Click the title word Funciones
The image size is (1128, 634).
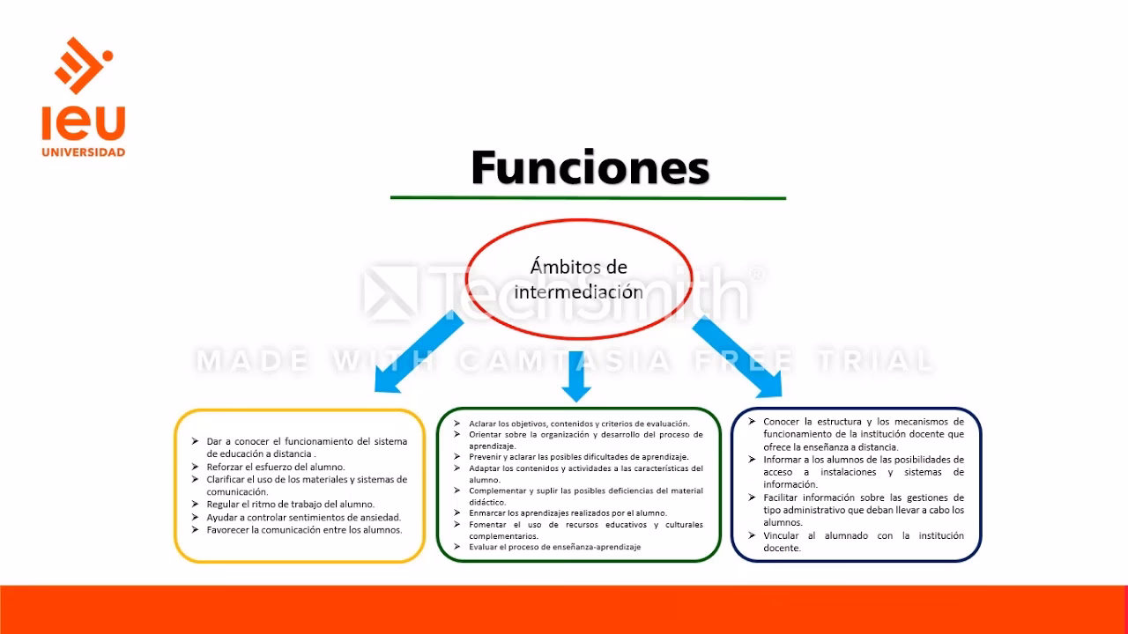pyautogui.click(x=590, y=167)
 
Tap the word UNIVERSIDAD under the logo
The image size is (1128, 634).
pyautogui.click(x=84, y=152)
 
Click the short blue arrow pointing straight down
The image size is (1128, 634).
pyautogui.click(x=576, y=375)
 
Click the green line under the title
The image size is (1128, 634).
pyautogui.click(x=588, y=198)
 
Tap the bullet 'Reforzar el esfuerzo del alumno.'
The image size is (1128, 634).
pyautogui.click(x=275, y=467)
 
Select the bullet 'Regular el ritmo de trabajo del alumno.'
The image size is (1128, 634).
pyautogui.click(x=290, y=505)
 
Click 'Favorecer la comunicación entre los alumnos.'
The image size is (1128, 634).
pyautogui.click(x=304, y=530)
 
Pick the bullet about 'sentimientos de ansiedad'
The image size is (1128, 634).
pyautogui.click(x=303, y=518)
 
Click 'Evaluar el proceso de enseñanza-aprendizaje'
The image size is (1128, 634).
pyautogui.click(x=554, y=547)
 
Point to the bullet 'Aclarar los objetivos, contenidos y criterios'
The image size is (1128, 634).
pyautogui.click(x=578, y=424)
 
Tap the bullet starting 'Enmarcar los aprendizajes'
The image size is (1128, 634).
pyautogui.click(x=568, y=512)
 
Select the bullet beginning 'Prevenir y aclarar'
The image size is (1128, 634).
pyautogui.click(x=578, y=457)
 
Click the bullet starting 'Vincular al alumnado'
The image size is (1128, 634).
pyautogui.click(x=863, y=535)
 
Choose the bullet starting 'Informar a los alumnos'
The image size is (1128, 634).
pyautogui.click(x=863, y=460)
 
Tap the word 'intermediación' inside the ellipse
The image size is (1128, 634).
pyautogui.click(x=578, y=291)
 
